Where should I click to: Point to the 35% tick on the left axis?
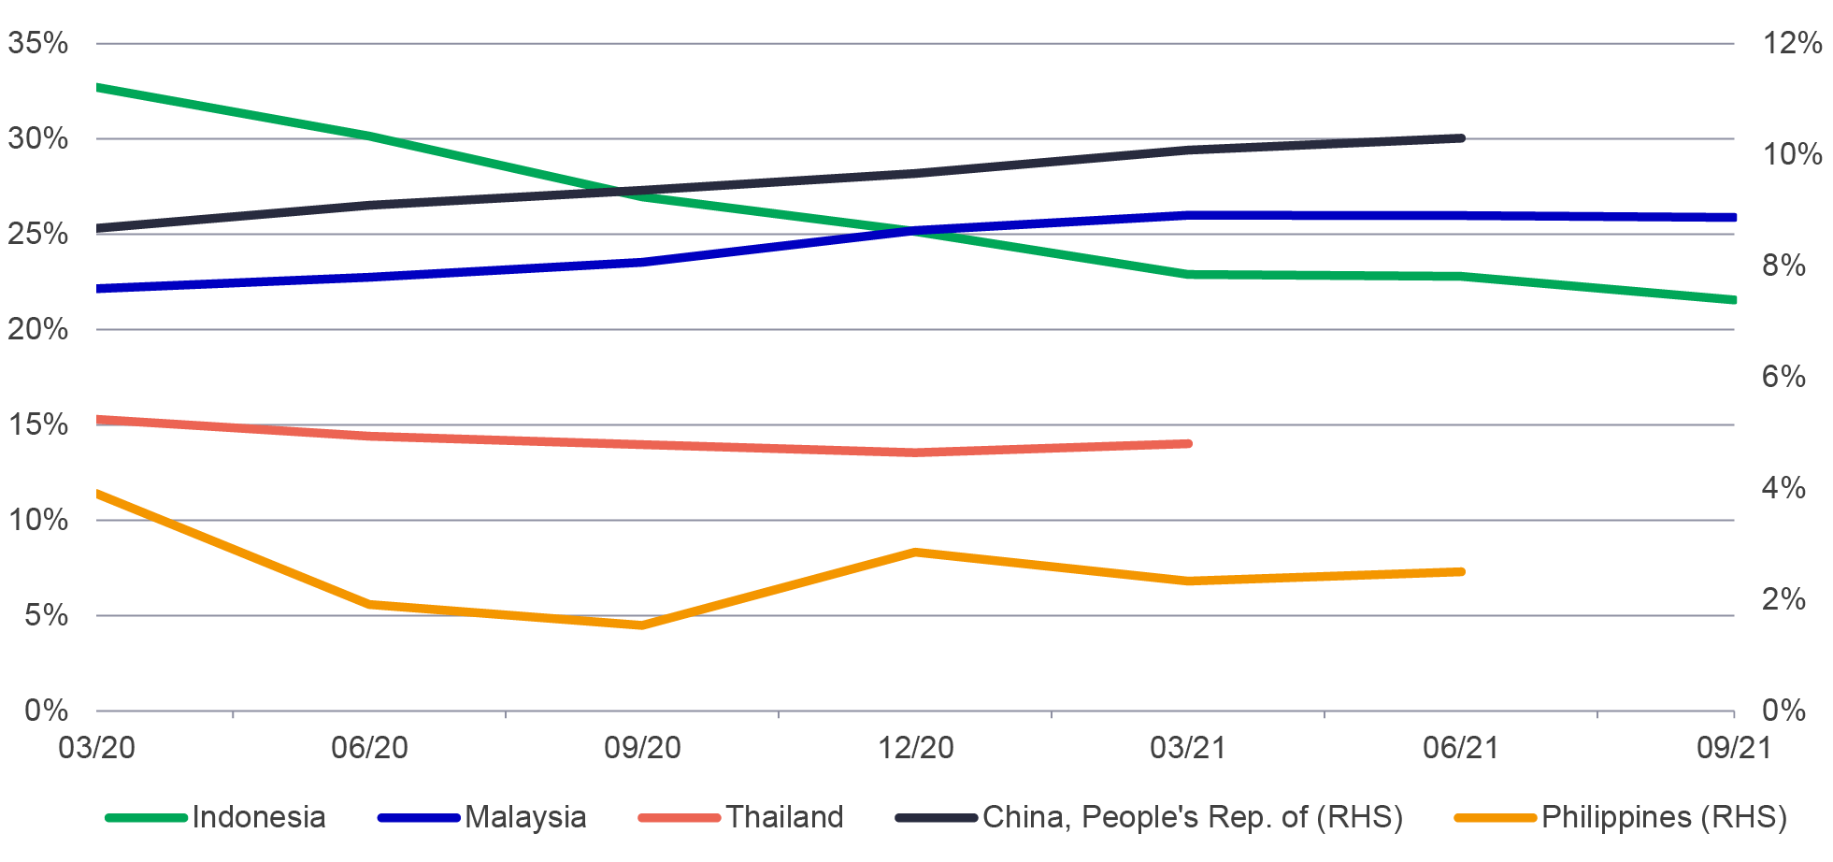[38, 43]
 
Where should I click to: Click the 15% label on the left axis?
[38, 424]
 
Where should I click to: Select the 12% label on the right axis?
[1791, 43]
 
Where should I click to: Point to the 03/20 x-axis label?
[96, 748]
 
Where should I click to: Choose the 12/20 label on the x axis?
[916, 748]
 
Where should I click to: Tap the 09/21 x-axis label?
[1734, 748]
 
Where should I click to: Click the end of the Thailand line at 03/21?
[1188, 443]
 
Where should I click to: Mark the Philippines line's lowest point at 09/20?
[642, 625]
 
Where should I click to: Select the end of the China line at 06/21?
[1461, 138]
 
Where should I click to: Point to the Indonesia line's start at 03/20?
[98, 87]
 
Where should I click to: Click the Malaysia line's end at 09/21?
[1733, 218]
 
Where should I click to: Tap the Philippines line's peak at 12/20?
[916, 553]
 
